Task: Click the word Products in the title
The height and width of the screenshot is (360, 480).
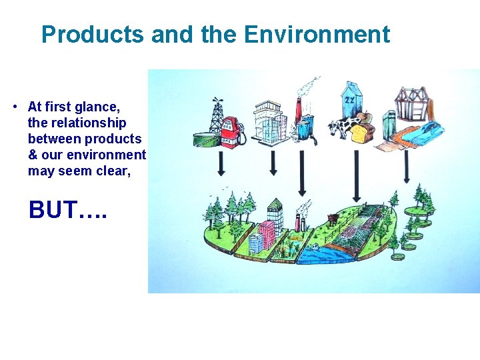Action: coord(92,35)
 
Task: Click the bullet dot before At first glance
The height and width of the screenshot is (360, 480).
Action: coord(14,107)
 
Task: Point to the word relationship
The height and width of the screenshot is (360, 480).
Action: coord(85,123)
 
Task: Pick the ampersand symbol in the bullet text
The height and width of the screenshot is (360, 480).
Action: coord(33,155)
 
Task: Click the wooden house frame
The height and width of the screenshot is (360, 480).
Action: coord(410,103)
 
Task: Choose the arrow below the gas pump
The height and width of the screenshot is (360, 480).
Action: coord(222,162)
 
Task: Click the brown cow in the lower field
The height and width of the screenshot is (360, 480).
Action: coord(333,218)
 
